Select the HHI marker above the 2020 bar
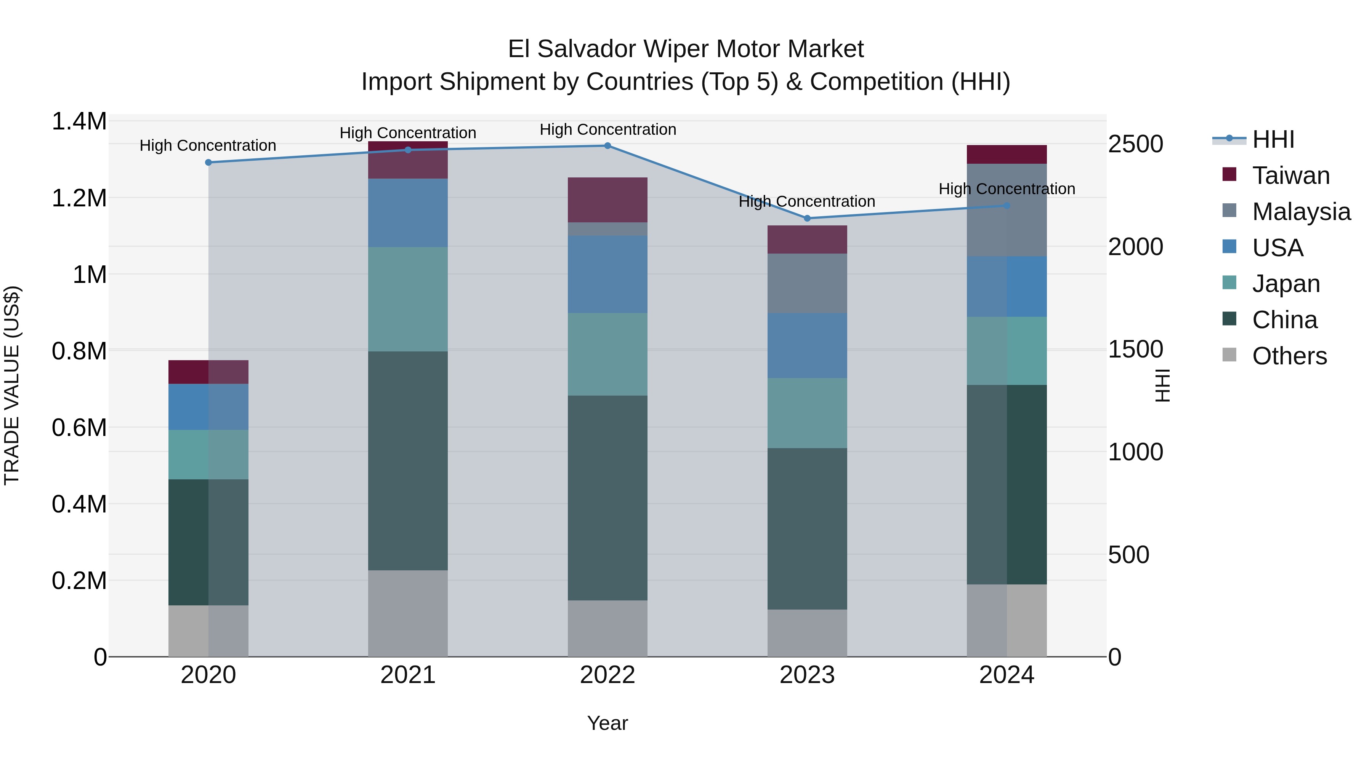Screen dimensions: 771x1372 pos(208,162)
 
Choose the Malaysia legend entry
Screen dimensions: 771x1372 pos(1301,212)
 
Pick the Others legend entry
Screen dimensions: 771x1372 pos(1289,356)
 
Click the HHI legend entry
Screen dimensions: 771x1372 pos(1273,139)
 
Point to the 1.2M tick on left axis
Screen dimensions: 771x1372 pos(79,198)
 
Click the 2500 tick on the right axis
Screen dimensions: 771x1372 pos(1136,145)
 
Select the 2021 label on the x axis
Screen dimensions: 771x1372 pos(408,675)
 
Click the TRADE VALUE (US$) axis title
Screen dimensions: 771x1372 pos(12,385)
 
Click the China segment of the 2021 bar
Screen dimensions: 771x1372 pos(408,460)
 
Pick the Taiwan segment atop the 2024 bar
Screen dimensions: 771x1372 pos(1007,154)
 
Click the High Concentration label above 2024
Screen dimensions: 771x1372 pos(1007,189)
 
